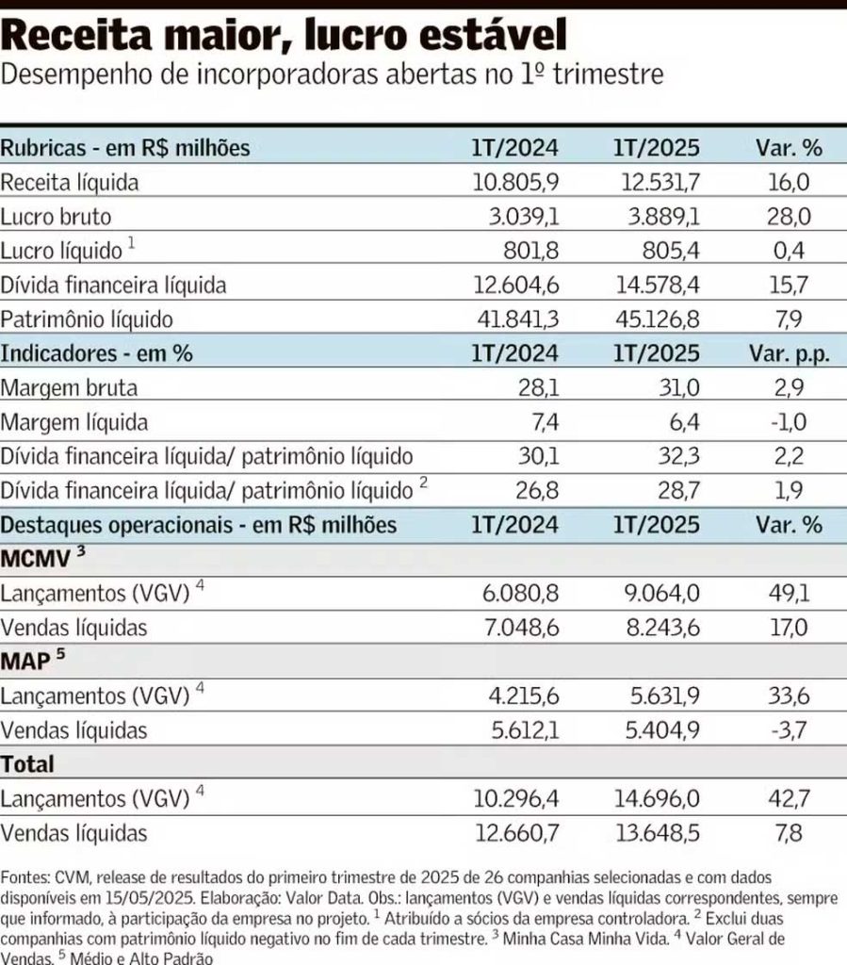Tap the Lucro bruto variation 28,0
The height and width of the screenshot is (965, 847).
tap(790, 217)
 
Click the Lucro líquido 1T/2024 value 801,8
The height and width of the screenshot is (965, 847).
tap(529, 251)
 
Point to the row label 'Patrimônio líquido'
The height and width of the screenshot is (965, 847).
tap(87, 319)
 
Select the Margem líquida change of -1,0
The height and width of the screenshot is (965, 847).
tap(790, 422)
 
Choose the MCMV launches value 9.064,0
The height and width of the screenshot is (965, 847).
tap(660, 593)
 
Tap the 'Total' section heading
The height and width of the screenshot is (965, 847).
tap(28, 763)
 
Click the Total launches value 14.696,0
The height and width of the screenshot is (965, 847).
tap(655, 799)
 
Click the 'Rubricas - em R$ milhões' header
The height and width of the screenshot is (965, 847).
tap(125, 148)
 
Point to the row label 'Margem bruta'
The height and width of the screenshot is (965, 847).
tap(69, 387)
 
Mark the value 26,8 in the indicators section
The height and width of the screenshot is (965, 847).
tap(536, 490)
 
